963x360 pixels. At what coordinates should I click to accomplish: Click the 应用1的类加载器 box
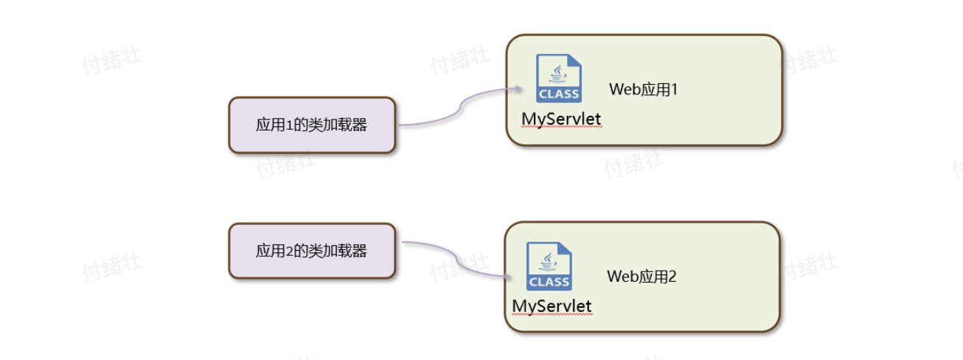[312, 125]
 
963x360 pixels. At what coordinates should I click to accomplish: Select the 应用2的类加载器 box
[312, 251]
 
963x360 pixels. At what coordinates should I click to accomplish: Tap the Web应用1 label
[643, 89]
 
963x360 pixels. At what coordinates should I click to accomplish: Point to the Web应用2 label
[642, 277]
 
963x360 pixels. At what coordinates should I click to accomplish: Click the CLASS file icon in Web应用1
[558, 78]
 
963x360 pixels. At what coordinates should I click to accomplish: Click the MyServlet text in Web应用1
[561, 119]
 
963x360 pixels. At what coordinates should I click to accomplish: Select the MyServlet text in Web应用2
[552, 305]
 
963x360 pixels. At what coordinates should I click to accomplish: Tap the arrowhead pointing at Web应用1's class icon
[518, 90]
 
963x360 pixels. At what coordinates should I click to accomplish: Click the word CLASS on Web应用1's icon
[559, 94]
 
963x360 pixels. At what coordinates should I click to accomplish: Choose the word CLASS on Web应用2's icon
[550, 282]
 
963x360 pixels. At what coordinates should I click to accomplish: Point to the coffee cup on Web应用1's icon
[558, 73]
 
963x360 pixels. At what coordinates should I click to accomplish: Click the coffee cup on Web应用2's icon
[549, 260]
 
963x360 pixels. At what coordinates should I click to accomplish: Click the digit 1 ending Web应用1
[673, 89]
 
